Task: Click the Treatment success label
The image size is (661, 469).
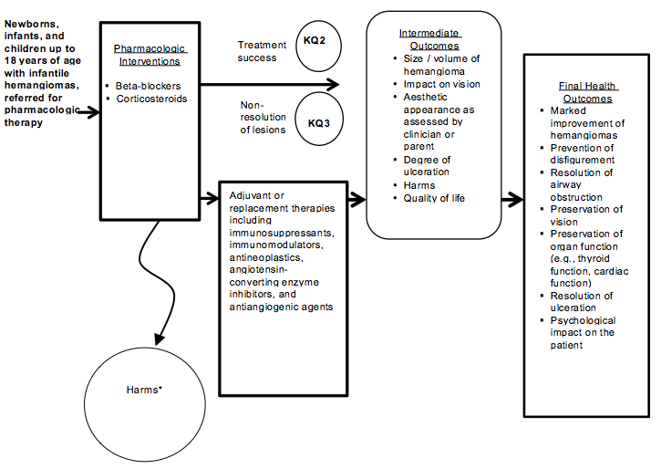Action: [x=262, y=50]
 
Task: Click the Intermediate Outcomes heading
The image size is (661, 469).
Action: [x=429, y=39]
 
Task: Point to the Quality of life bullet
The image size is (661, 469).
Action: [x=435, y=198]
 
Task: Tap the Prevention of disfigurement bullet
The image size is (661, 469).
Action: [x=582, y=153]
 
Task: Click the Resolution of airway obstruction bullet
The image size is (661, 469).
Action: [x=582, y=184]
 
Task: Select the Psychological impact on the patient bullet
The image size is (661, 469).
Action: [x=583, y=327]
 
